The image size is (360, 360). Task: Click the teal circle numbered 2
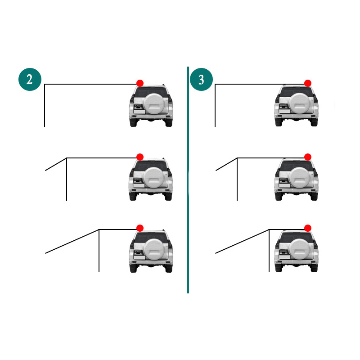click(x=30, y=80)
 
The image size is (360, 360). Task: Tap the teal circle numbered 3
click(x=201, y=80)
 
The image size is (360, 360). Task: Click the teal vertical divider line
click(x=188, y=180)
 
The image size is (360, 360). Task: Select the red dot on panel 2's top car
click(x=140, y=83)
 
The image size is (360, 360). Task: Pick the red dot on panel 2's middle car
click(x=140, y=157)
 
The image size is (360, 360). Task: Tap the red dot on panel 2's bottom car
click(x=140, y=228)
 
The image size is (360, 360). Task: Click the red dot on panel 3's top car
click(x=308, y=83)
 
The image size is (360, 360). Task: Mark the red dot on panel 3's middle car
click(x=308, y=157)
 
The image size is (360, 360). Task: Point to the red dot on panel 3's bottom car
click(x=308, y=228)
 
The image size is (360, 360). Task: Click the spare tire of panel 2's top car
click(x=155, y=104)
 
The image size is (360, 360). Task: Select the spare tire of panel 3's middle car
click(x=300, y=178)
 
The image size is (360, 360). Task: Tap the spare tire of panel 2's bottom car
click(x=155, y=249)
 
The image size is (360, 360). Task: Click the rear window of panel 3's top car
click(x=297, y=92)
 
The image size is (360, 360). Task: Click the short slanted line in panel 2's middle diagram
click(x=56, y=164)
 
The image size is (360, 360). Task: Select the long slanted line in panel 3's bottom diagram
click(x=242, y=241)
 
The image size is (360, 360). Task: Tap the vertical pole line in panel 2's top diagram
click(x=45, y=105)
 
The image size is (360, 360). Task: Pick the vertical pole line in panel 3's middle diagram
click(x=237, y=179)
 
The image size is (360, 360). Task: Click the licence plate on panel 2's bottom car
click(x=139, y=257)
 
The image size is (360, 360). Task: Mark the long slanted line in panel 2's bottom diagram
click(x=72, y=241)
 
